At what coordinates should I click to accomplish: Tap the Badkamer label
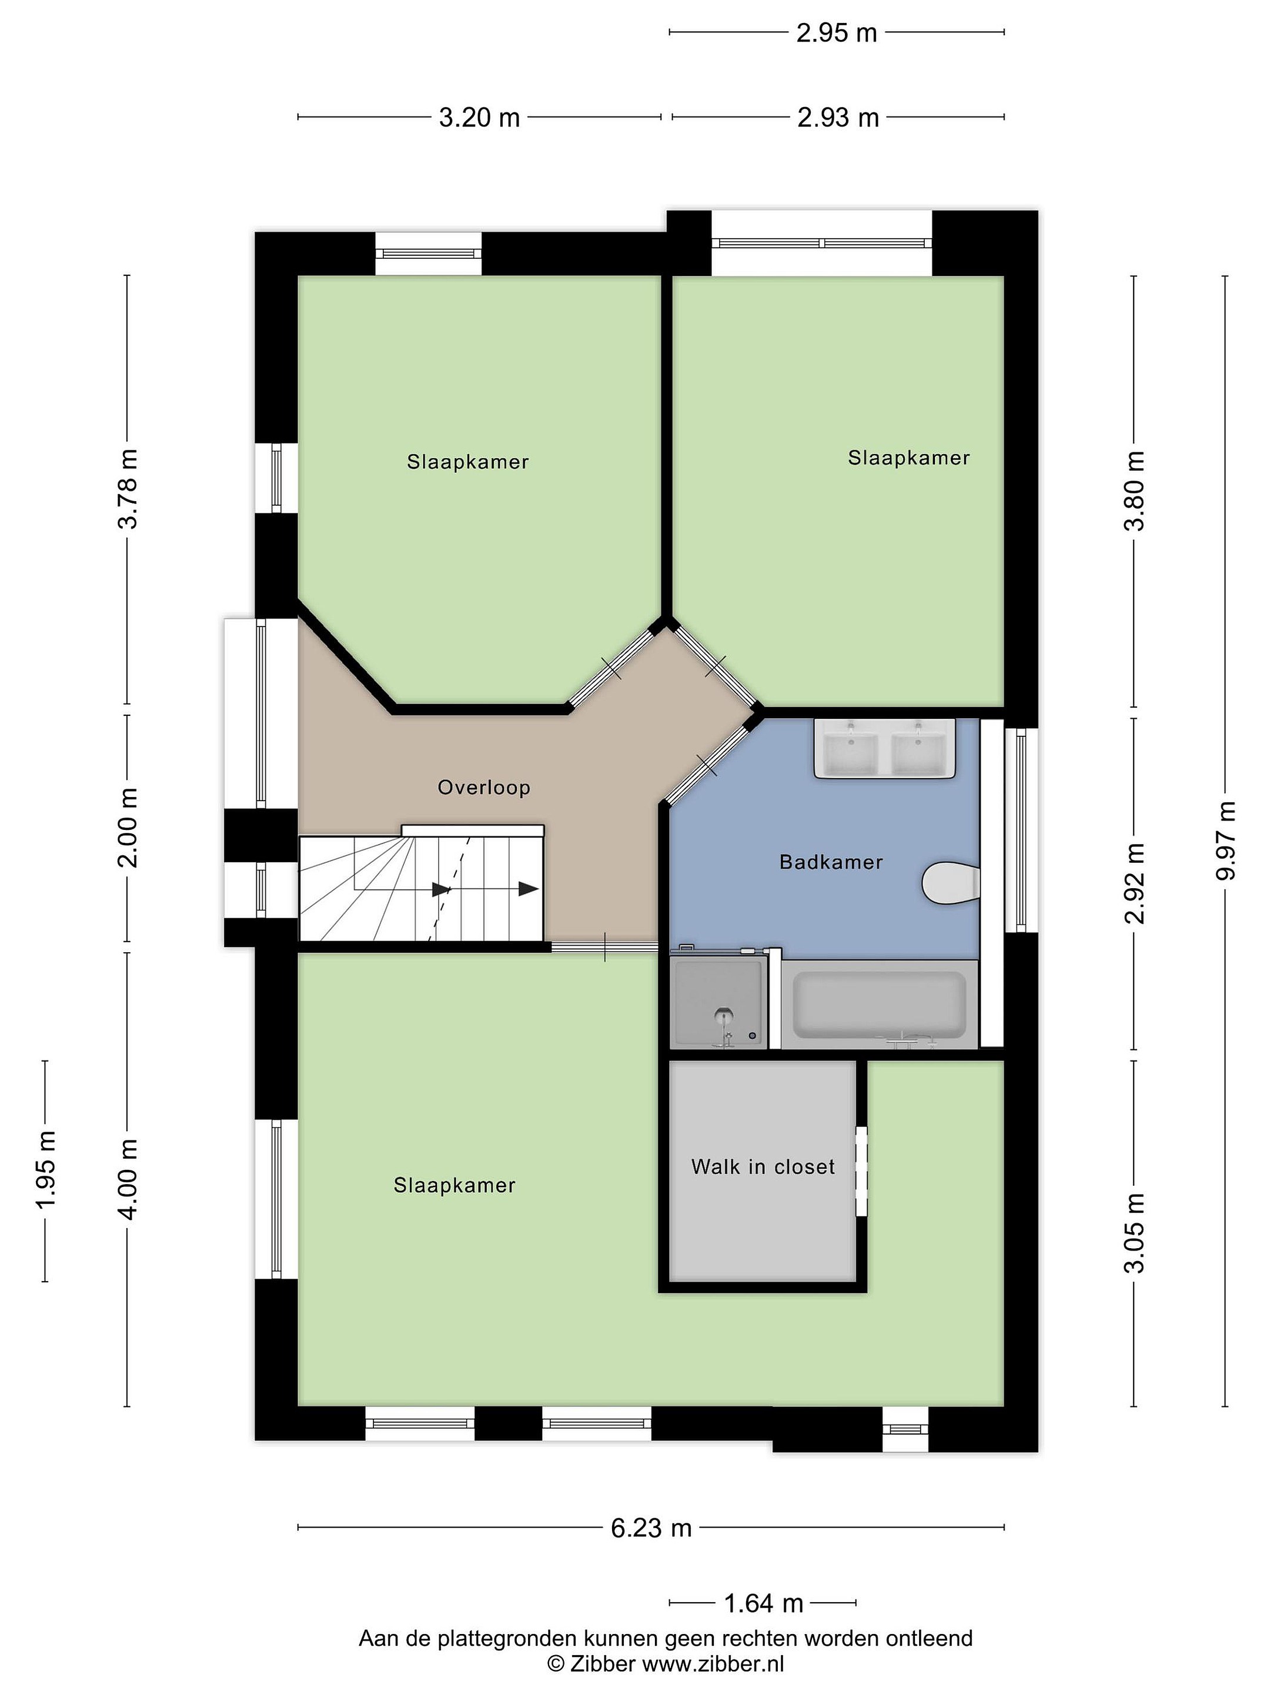(x=831, y=862)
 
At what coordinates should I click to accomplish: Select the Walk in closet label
(x=763, y=1166)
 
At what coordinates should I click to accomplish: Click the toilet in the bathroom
(x=950, y=883)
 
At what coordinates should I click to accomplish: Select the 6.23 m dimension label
(x=651, y=1528)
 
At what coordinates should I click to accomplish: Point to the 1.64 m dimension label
(x=763, y=1603)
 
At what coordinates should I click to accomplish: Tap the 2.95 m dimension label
(x=836, y=33)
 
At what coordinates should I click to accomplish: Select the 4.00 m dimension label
(x=128, y=1179)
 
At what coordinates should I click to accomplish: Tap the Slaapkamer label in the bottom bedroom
(x=454, y=1185)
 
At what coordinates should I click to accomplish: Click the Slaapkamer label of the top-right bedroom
(x=908, y=458)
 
